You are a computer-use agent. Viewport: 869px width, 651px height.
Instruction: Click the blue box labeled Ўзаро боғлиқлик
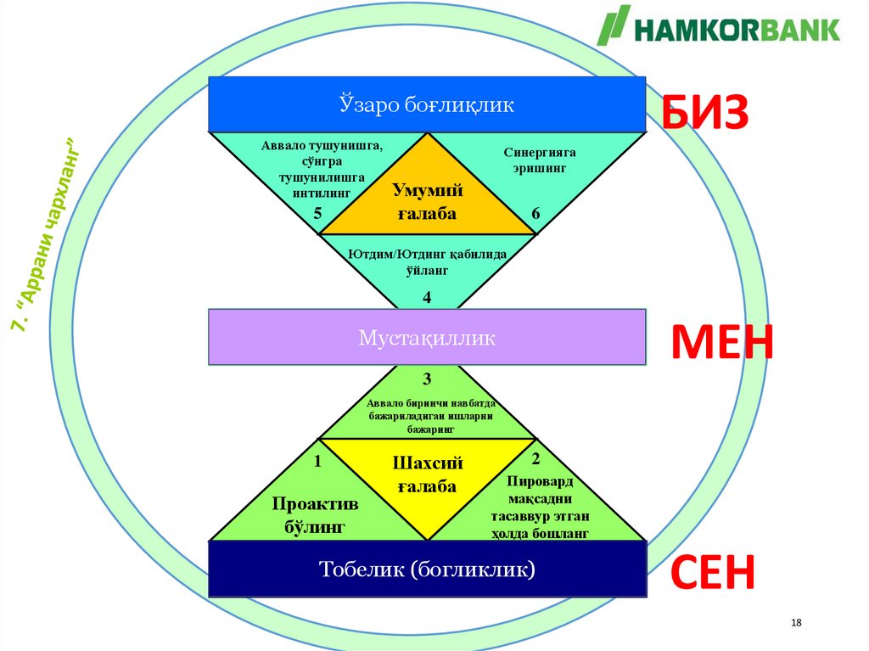[427, 104]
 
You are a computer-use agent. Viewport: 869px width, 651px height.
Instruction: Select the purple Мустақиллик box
[427, 338]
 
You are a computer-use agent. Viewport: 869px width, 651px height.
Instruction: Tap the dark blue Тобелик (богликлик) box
[427, 569]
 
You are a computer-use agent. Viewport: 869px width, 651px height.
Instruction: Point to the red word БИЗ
[705, 113]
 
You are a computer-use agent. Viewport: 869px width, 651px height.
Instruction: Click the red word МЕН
[722, 343]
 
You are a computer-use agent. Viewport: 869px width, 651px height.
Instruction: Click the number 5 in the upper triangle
[317, 214]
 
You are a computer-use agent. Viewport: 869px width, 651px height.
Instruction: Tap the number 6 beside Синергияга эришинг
[535, 214]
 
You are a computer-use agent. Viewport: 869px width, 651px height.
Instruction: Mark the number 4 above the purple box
[427, 297]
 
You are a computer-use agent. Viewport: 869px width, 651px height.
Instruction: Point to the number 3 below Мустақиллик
[427, 378]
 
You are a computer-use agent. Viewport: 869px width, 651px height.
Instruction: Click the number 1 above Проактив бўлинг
[317, 462]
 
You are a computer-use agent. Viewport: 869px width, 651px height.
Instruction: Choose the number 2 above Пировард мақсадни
[535, 459]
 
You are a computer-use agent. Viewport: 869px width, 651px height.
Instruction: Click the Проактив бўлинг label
[315, 515]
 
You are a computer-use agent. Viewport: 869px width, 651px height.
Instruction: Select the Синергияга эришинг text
[540, 160]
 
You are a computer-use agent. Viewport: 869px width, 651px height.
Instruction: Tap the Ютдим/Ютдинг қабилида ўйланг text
[427, 261]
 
